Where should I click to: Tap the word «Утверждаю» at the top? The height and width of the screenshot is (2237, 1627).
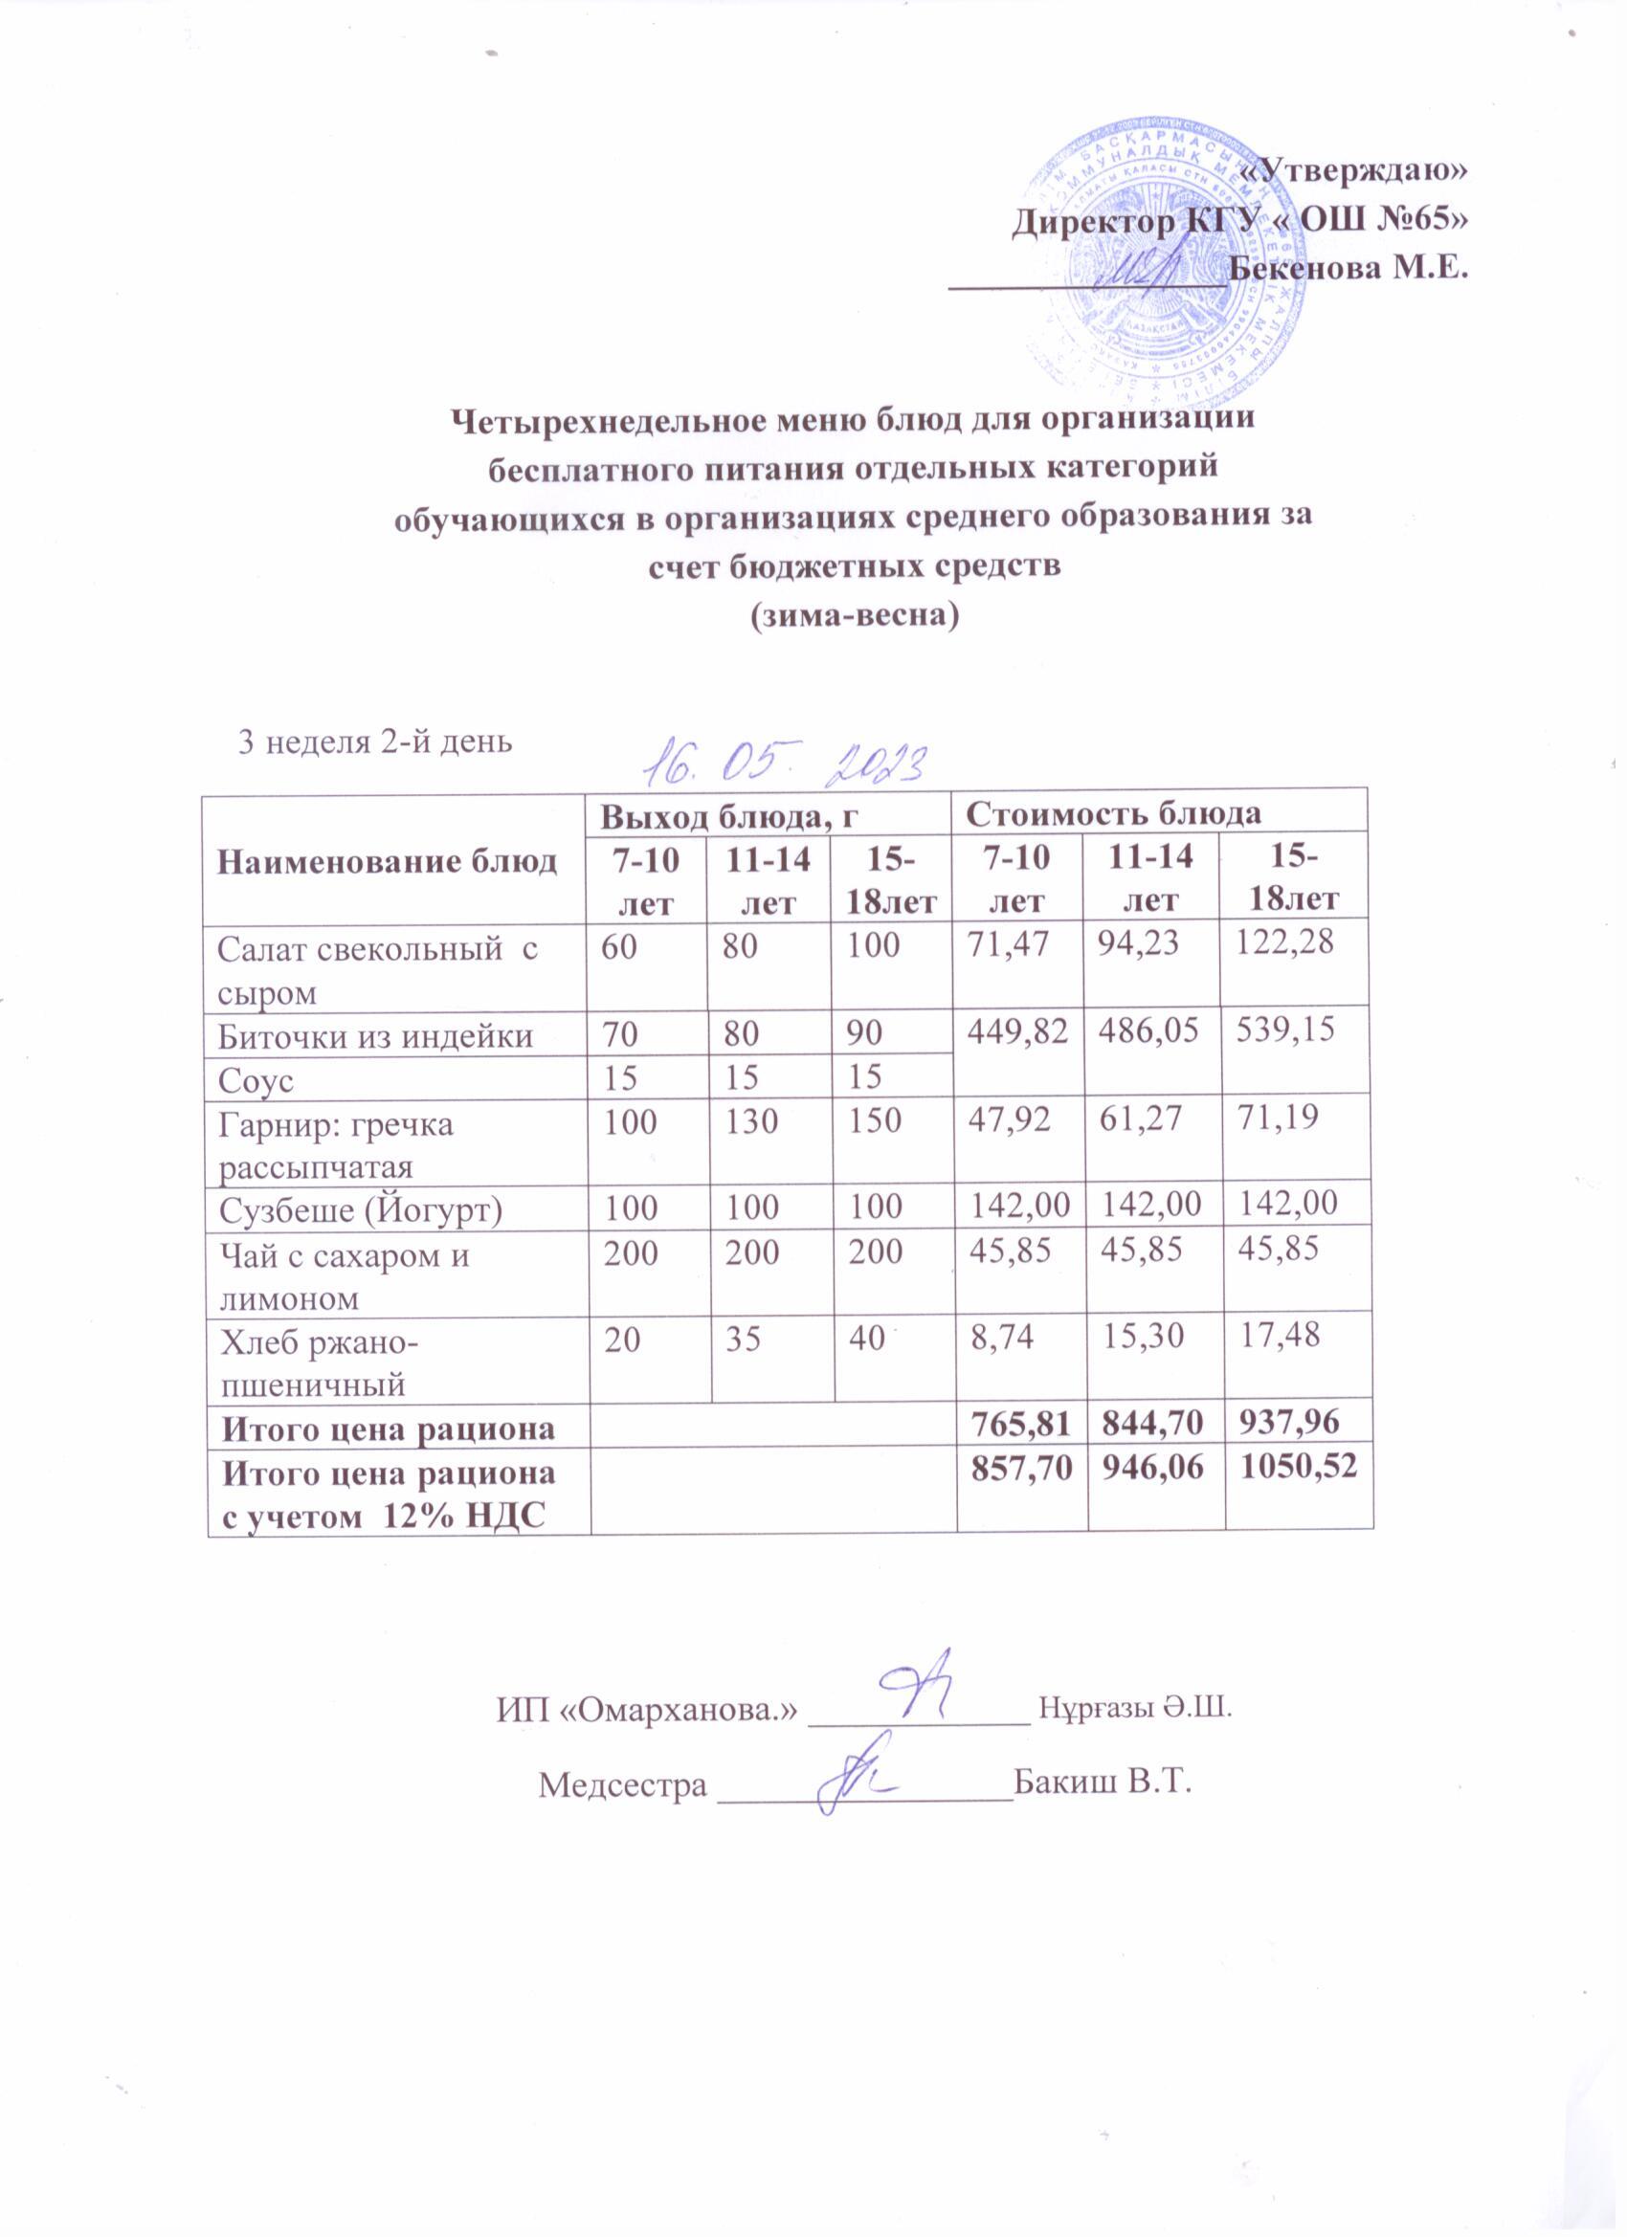(1350, 170)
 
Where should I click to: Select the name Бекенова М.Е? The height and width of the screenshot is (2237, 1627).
(1349, 266)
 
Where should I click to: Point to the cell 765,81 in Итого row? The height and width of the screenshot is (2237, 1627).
(1020, 1426)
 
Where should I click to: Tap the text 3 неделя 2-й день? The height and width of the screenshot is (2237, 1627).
(376, 742)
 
